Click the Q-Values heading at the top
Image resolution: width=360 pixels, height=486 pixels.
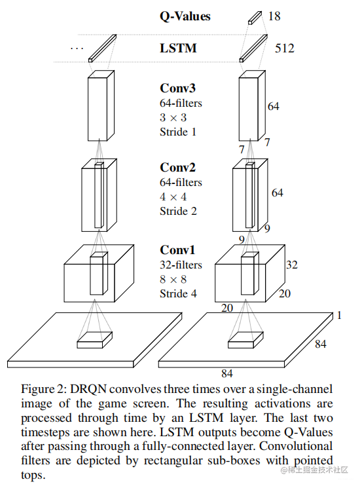tap(185, 16)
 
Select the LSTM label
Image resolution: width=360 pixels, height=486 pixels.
tap(178, 48)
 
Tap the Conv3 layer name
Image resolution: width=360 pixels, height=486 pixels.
tap(177, 88)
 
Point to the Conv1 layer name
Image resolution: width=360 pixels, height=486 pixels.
tap(177, 250)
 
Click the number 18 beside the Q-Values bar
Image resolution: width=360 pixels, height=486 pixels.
tap(274, 16)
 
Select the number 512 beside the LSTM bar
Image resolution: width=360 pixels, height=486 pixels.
tap(284, 48)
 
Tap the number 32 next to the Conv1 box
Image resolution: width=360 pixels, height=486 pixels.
tap(292, 265)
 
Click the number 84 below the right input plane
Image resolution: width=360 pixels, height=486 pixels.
tap(227, 374)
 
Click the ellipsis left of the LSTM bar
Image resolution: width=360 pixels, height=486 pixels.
tap(77, 48)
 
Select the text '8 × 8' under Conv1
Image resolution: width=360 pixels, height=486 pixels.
tap(173, 280)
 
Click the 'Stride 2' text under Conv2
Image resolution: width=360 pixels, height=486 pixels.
tap(178, 211)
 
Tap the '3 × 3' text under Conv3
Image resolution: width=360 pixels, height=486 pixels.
tap(173, 117)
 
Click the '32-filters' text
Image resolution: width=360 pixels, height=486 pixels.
tap(181, 265)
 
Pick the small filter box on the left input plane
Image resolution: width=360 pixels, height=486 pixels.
tap(94, 339)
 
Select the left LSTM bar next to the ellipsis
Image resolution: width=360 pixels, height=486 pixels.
tap(100, 49)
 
